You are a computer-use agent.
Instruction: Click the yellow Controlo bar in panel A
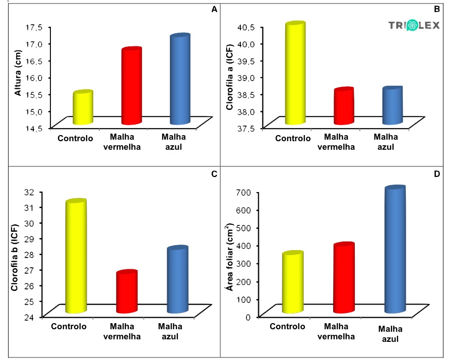[83, 108]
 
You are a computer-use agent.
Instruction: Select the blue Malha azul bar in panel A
[179, 80]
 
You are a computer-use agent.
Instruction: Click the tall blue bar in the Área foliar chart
[395, 250]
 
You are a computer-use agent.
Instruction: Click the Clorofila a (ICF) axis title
[230, 76]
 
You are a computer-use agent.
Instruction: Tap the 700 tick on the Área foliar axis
[245, 192]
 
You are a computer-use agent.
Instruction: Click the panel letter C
[214, 174]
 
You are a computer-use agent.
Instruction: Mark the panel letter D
[437, 174]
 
